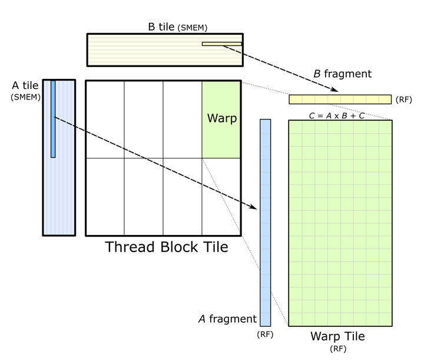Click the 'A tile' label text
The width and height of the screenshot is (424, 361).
(x=25, y=86)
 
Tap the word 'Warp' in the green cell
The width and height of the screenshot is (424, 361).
(x=221, y=118)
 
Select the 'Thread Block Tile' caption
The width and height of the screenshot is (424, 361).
(x=166, y=247)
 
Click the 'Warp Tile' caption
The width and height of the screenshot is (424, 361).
(x=337, y=336)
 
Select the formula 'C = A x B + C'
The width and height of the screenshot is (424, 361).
(x=336, y=115)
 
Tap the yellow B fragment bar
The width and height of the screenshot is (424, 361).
(x=340, y=99)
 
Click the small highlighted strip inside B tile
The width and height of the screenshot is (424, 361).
(x=222, y=44)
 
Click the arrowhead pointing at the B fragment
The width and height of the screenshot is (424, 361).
(x=334, y=90)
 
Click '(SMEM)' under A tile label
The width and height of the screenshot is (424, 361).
(x=25, y=97)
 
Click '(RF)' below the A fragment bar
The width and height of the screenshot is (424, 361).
(x=265, y=334)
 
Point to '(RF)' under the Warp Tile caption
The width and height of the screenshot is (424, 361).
(x=338, y=349)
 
